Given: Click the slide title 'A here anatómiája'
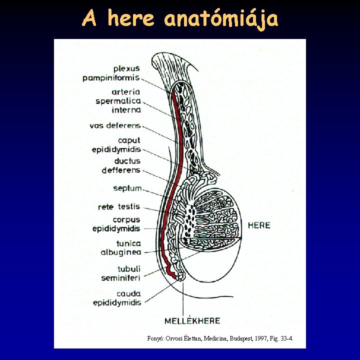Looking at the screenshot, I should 180,19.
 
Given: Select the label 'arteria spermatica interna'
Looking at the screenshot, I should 119,101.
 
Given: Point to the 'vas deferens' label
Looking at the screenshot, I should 115,125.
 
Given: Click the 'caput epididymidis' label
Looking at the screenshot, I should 116,145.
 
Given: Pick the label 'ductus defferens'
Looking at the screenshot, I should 121,165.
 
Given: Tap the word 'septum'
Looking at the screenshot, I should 127,188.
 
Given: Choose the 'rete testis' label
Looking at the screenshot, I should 119,206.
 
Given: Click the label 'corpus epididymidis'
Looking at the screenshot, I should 116,224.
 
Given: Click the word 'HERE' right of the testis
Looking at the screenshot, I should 259,225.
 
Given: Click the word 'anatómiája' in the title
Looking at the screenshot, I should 220,19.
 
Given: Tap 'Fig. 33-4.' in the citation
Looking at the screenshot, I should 282,339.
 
